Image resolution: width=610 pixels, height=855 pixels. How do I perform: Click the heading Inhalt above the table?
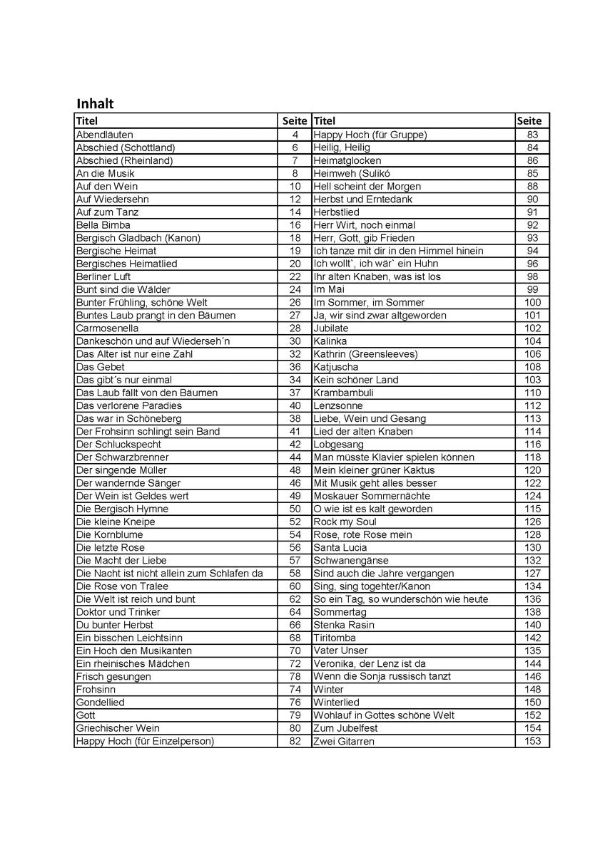tap(95, 104)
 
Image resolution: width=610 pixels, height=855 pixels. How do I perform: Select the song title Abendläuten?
tap(104, 135)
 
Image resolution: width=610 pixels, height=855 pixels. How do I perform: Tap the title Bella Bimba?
tap(103, 225)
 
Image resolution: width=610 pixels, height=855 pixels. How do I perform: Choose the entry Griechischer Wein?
tap(118, 728)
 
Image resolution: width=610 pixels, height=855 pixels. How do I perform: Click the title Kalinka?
tap(330, 341)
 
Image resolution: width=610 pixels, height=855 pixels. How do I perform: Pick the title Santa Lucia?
tap(340, 547)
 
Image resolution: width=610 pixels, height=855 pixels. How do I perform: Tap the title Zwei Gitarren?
tap(344, 741)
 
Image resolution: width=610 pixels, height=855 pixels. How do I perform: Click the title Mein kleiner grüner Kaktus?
tap(384, 470)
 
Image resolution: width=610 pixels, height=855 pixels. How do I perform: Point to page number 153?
tap(532, 741)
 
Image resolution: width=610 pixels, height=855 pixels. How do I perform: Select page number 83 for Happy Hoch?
tap(532, 135)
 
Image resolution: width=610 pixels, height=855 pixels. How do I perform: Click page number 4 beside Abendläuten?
tap(295, 135)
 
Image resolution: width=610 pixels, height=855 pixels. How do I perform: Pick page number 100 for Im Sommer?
tap(532, 302)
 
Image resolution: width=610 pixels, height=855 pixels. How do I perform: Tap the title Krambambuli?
tap(344, 393)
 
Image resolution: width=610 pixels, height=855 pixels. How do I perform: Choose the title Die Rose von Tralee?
tap(122, 586)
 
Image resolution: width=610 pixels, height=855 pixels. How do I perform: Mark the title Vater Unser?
tap(341, 651)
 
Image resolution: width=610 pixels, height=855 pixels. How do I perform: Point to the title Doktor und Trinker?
tap(118, 612)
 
